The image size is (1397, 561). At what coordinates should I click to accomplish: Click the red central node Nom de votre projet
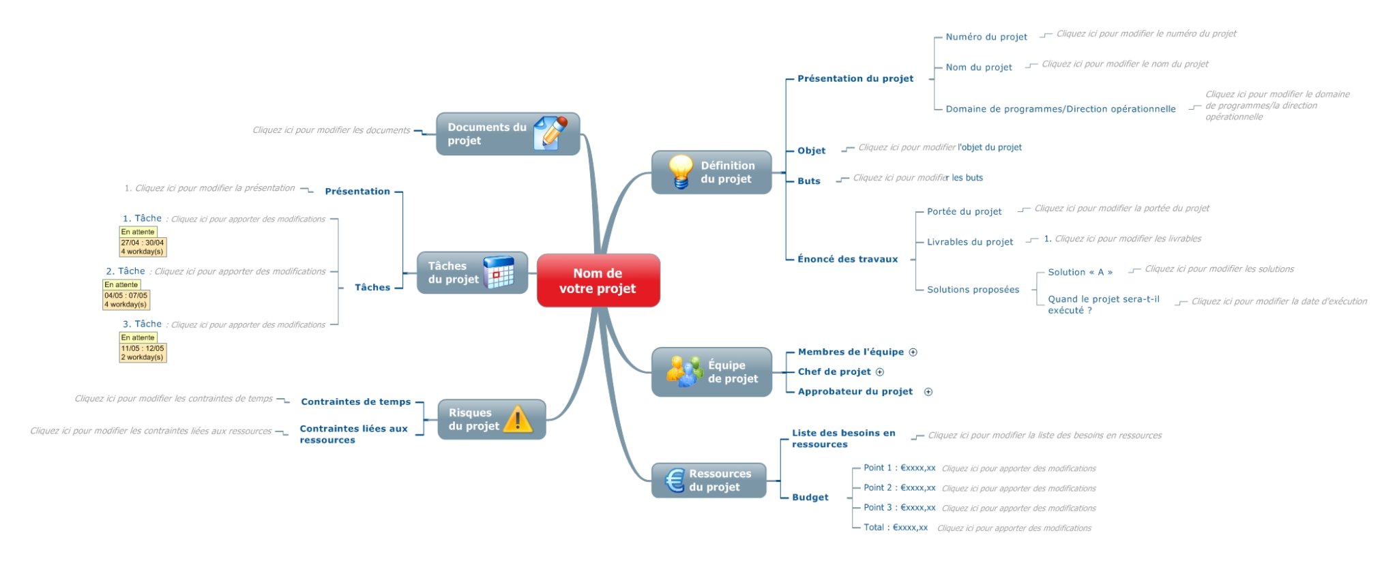point(598,281)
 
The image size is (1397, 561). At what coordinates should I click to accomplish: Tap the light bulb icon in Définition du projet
point(680,171)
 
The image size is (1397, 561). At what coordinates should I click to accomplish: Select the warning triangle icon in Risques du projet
point(518,419)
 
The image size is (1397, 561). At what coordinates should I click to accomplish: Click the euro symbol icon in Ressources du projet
point(674,481)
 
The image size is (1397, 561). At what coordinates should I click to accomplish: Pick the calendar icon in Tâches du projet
point(498,272)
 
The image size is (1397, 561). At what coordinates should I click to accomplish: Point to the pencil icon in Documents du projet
point(550,132)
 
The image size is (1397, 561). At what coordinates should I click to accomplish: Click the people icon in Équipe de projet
point(684,372)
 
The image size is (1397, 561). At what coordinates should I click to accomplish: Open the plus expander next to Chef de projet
point(880,372)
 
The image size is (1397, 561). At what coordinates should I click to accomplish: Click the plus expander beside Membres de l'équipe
point(913,352)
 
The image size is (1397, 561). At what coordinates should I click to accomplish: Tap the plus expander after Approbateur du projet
point(928,392)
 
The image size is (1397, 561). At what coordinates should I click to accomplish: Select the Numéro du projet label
point(986,37)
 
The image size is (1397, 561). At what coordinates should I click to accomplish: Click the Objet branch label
point(811,151)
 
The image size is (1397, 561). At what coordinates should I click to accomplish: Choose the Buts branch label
point(808,181)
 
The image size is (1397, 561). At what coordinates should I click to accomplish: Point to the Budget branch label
point(810,498)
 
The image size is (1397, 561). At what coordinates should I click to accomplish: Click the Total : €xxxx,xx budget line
point(895,528)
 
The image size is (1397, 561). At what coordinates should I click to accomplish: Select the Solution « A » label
point(1080,272)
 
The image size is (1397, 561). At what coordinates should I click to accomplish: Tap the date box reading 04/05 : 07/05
point(126,296)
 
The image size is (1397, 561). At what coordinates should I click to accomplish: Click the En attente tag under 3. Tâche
point(138,337)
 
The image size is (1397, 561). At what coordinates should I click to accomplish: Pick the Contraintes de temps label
point(355,402)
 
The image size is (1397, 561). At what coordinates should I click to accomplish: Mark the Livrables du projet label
point(969,242)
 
